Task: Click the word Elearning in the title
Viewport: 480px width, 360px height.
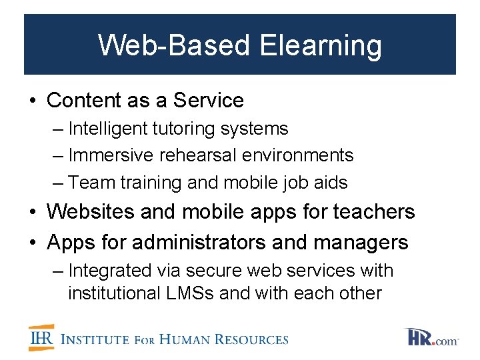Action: coord(321,46)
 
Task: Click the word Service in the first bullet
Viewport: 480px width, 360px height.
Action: coord(209,101)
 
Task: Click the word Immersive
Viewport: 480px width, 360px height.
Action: coord(111,155)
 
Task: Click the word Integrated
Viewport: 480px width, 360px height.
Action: coord(111,271)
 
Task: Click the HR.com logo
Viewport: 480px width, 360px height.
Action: coord(431,337)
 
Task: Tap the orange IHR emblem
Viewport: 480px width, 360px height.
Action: coord(41,337)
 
